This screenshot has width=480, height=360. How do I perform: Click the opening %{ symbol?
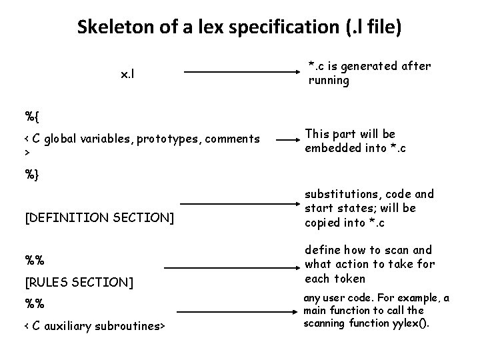click(32, 116)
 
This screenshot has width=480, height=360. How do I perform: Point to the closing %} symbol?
click(32, 174)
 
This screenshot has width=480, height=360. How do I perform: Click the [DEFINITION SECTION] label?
click(99, 217)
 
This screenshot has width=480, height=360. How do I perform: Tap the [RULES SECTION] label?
click(79, 283)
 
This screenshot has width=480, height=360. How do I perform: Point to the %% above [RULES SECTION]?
click(34, 259)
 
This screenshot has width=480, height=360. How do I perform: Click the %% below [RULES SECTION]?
click(34, 304)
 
